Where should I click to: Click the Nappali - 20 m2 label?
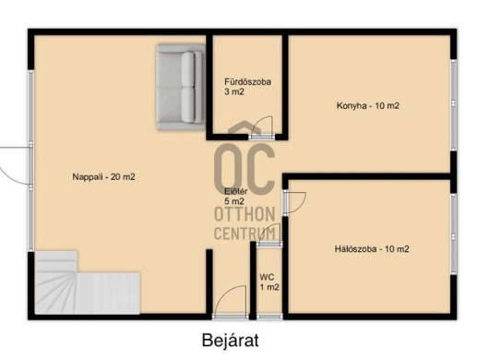(x=104, y=177)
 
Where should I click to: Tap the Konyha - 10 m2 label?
(x=368, y=106)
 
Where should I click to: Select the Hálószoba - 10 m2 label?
(x=372, y=249)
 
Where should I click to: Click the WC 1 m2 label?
(x=269, y=282)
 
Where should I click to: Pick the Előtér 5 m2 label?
(x=236, y=197)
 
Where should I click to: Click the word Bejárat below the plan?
(x=230, y=340)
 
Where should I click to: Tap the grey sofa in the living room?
(x=181, y=87)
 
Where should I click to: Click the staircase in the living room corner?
(x=87, y=282)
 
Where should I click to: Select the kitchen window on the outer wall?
(x=453, y=104)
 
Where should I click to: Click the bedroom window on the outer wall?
(x=453, y=234)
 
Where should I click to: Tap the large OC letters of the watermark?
(x=245, y=170)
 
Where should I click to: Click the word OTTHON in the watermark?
(x=244, y=214)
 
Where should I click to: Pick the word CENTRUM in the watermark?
(x=244, y=234)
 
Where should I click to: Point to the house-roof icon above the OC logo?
(x=244, y=127)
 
